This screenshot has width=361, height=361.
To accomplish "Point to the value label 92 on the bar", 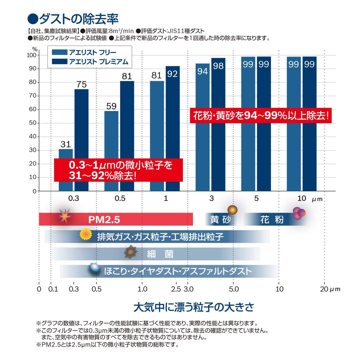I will [172, 74].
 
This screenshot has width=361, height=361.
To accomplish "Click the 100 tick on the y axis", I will [31, 55].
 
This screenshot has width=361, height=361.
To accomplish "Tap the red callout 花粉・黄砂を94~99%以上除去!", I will [261, 116].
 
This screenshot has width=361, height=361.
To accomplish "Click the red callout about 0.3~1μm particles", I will [118, 170].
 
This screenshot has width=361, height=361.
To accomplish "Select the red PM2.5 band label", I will [104, 220].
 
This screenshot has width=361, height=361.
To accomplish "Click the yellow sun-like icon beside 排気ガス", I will [85, 234].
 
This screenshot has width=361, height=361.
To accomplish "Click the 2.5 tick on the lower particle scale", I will [176, 289].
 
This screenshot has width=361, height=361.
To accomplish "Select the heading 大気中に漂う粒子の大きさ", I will [194, 307].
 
